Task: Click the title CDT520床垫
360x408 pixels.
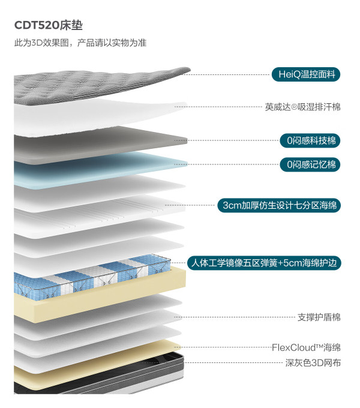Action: click(x=49, y=25)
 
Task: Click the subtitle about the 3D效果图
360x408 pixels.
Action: click(x=80, y=43)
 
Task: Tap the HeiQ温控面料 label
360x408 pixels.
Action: click(x=306, y=74)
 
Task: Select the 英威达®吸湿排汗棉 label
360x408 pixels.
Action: click(x=303, y=107)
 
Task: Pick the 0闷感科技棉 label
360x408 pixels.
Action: click(x=310, y=141)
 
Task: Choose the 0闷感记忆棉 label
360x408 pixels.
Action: click(x=310, y=164)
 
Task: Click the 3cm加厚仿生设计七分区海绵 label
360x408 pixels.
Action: click(x=279, y=205)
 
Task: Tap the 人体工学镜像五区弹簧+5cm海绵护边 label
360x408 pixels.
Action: click(x=264, y=263)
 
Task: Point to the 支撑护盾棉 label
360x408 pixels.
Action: click(x=319, y=317)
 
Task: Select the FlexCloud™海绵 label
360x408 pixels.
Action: click(x=306, y=347)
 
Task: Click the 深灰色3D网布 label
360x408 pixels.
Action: click(x=313, y=363)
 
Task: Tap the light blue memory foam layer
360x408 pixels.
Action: click(x=100, y=170)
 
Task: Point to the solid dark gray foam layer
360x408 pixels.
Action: click(x=100, y=146)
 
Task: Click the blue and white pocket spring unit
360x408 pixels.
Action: click(x=92, y=278)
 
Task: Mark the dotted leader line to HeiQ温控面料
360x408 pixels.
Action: click(x=227, y=74)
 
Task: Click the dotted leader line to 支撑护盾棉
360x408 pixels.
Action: click(x=235, y=317)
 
